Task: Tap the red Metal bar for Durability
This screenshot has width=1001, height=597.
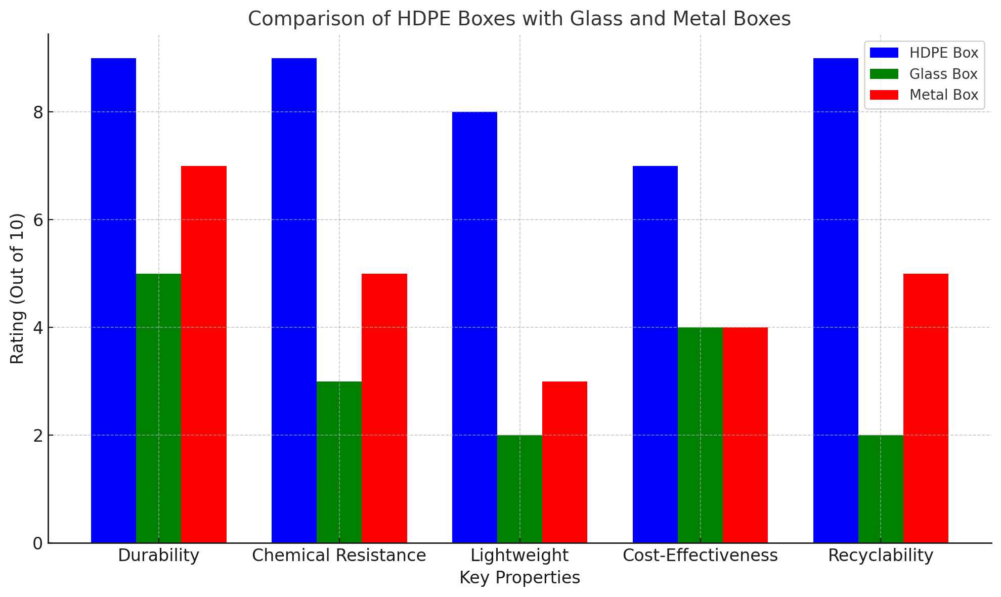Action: pos(203,354)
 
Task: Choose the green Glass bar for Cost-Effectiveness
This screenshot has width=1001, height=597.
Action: pos(700,435)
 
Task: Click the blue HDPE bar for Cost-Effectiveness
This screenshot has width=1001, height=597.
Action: pos(655,354)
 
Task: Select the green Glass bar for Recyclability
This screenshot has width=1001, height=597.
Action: pos(881,489)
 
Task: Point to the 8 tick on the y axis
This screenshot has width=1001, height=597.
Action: pos(38,112)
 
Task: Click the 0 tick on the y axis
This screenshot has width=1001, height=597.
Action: pos(38,543)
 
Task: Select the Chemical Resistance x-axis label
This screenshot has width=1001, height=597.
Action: pos(339,556)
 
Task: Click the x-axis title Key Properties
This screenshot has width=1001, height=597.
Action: pos(519,578)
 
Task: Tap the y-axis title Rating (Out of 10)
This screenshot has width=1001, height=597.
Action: pos(17,288)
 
